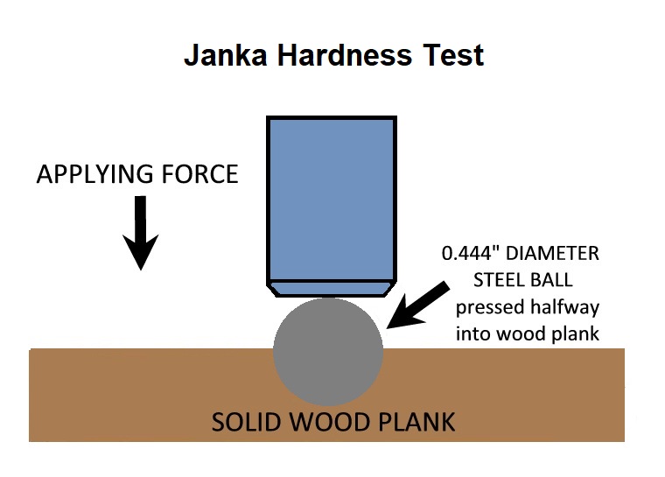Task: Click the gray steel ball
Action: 329,354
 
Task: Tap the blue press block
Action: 332,197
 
